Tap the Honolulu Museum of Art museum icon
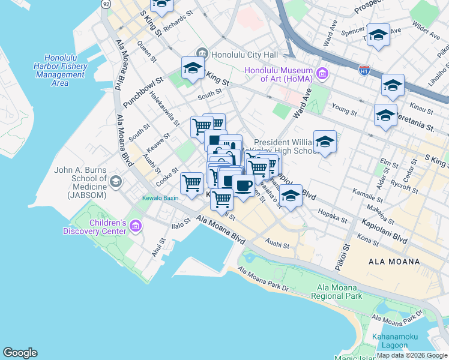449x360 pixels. point(323,74)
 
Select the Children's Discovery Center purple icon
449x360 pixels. point(136,226)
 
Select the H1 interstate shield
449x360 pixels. point(364,71)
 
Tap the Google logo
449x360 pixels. point(20,353)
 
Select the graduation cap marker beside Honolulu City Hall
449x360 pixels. point(193,69)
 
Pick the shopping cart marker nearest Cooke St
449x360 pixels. point(191,183)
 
